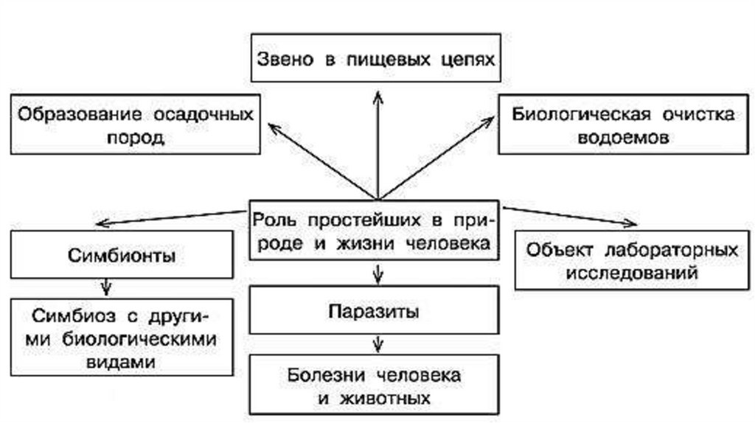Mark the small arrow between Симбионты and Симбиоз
[108, 284]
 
